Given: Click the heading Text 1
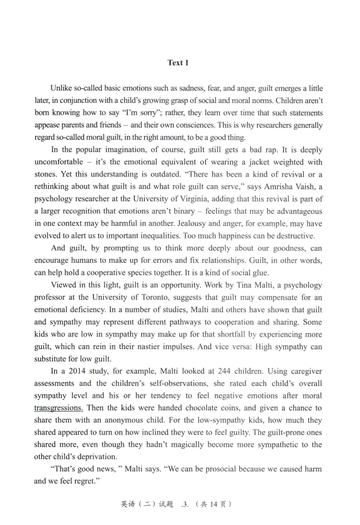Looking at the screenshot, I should click(x=178, y=63).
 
